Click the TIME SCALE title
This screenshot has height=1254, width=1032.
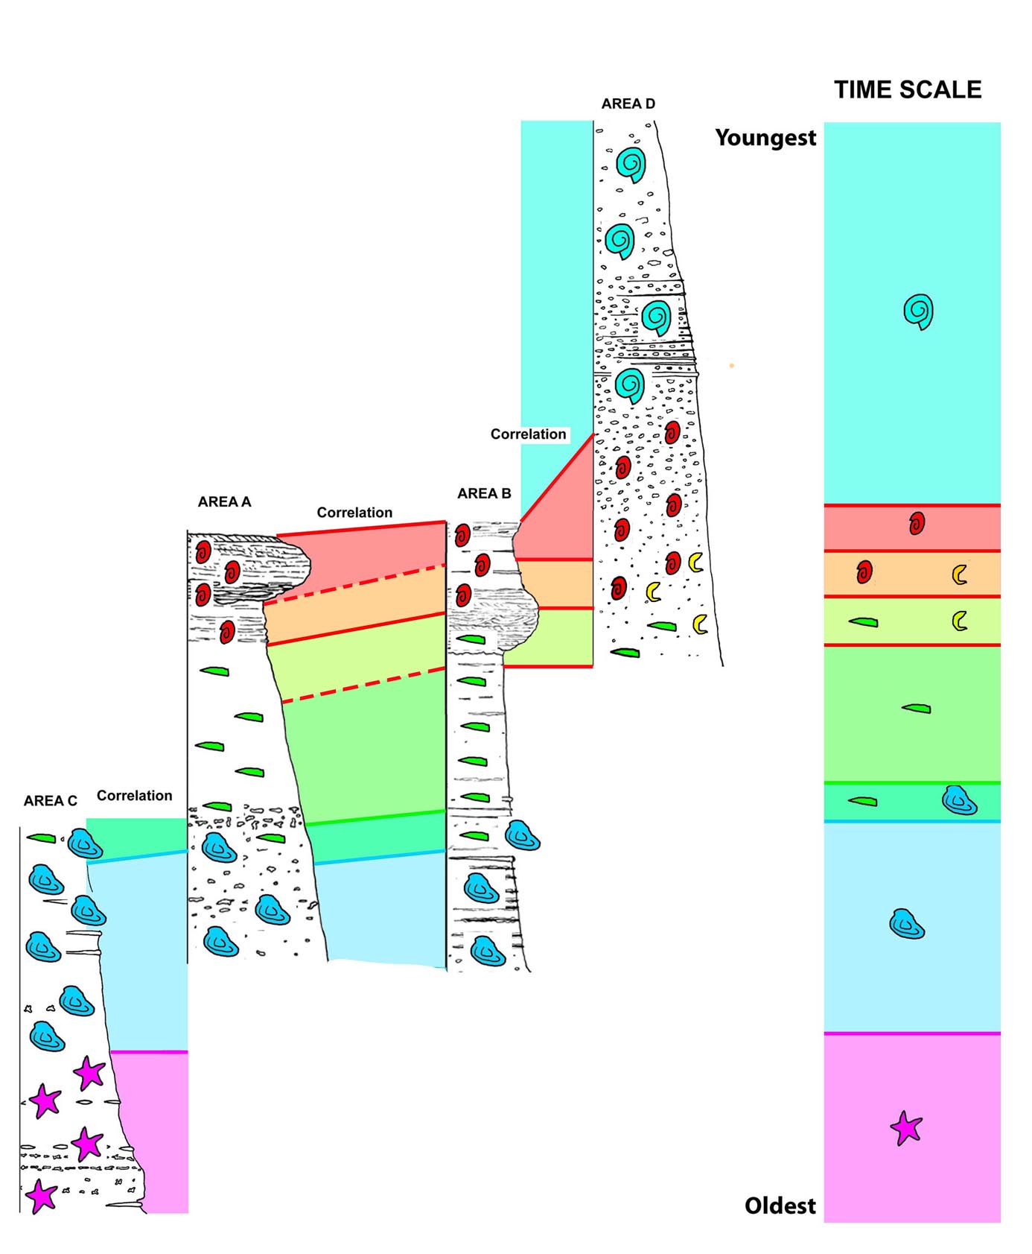pyautogui.click(x=908, y=90)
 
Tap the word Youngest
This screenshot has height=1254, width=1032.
pyautogui.click(x=765, y=138)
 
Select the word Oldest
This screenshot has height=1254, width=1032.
pyautogui.click(x=780, y=1206)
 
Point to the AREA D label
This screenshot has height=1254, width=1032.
pyautogui.click(x=628, y=104)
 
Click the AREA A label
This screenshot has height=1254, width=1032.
pyautogui.click(x=224, y=502)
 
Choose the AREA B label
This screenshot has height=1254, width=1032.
pyautogui.click(x=484, y=493)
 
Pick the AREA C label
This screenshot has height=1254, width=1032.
pyautogui.click(x=50, y=801)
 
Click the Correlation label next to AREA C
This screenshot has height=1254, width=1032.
pyautogui.click(x=134, y=796)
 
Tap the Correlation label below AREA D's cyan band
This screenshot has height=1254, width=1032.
pyautogui.click(x=528, y=434)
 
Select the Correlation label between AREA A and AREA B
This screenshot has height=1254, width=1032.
pyautogui.click(x=354, y=513)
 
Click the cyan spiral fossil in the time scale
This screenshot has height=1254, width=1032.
pyautogui.click(x=919, y=311)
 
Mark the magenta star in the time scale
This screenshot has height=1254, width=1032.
pyautogui.click(x=906, y=1128)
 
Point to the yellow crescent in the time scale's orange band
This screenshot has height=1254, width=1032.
pyautogui.click(x=960, y=574)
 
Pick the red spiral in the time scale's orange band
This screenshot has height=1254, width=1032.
pyautogui.click(x=864, y=572)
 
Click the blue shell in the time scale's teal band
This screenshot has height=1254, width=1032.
pyautogui.click(x=959, y=800)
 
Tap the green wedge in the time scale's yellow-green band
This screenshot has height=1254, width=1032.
pyautogui.click(x=863, y=621)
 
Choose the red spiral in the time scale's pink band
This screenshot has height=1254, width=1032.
pyautogui.click(x=917, y=524)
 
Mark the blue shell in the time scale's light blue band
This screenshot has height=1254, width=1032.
pyautogui.click(x=907, y=924)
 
